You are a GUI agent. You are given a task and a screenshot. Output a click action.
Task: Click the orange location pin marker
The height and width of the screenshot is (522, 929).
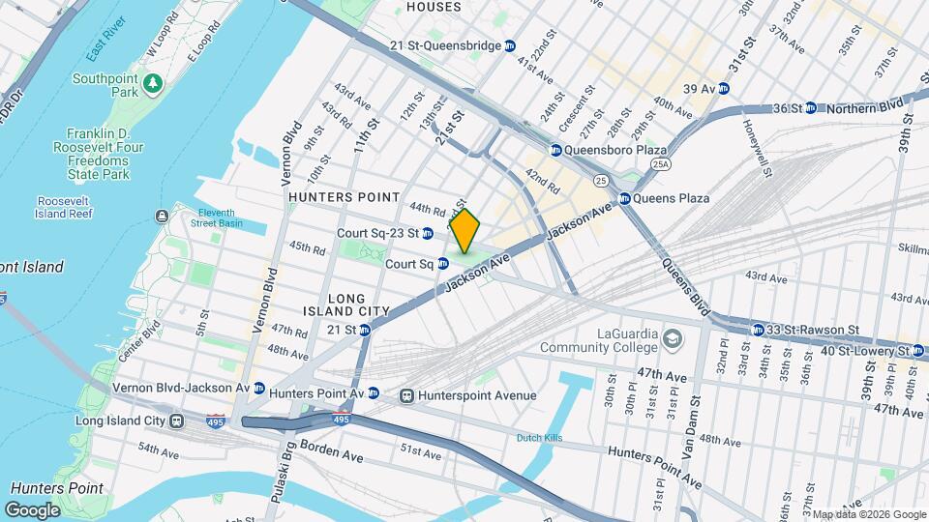(x=464, y=230)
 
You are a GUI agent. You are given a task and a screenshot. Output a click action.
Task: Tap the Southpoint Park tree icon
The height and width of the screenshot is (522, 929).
(x=152, y=86)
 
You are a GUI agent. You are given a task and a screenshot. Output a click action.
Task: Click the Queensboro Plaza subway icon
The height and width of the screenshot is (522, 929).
(x=556, y=151)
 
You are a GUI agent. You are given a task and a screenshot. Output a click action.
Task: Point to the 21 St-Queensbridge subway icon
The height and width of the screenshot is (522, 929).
(x=511, y=45)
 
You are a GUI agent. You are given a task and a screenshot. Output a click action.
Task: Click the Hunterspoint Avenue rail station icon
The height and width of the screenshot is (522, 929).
(x=406, y=395)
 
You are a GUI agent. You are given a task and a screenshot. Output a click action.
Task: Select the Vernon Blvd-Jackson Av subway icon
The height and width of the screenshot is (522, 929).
(x=259, y=388)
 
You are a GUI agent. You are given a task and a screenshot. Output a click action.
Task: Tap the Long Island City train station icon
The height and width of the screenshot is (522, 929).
(x=177, y=420)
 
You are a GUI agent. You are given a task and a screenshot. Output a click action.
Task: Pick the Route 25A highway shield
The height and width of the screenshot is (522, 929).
(x=661, y=165)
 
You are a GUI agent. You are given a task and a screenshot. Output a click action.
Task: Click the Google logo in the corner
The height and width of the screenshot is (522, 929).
(x=32, y=509)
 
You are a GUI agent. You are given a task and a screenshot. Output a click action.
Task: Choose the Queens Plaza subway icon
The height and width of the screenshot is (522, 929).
(x=625, y=198)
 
